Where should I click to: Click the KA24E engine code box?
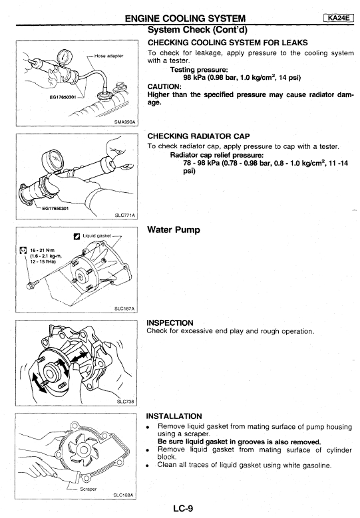coord(339,18)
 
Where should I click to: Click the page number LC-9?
coord(183,509)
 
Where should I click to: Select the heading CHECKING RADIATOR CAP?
coord(198,136)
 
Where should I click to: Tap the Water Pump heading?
coord(174,229)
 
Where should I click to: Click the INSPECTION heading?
coord(170,323)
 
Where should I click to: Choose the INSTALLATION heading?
coord(174,416)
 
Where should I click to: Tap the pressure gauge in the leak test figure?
coord(63,56)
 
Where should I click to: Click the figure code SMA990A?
coord(124,122)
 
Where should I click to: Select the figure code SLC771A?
coord(124,215)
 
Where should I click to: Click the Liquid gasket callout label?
coord(97,236)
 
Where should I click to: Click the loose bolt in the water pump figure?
coord(33,284)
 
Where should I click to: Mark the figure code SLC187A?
coord(124,309)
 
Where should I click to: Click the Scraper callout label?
coord(88,489)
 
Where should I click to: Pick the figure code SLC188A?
coord(123,495)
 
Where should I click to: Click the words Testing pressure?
coord(199,70)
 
